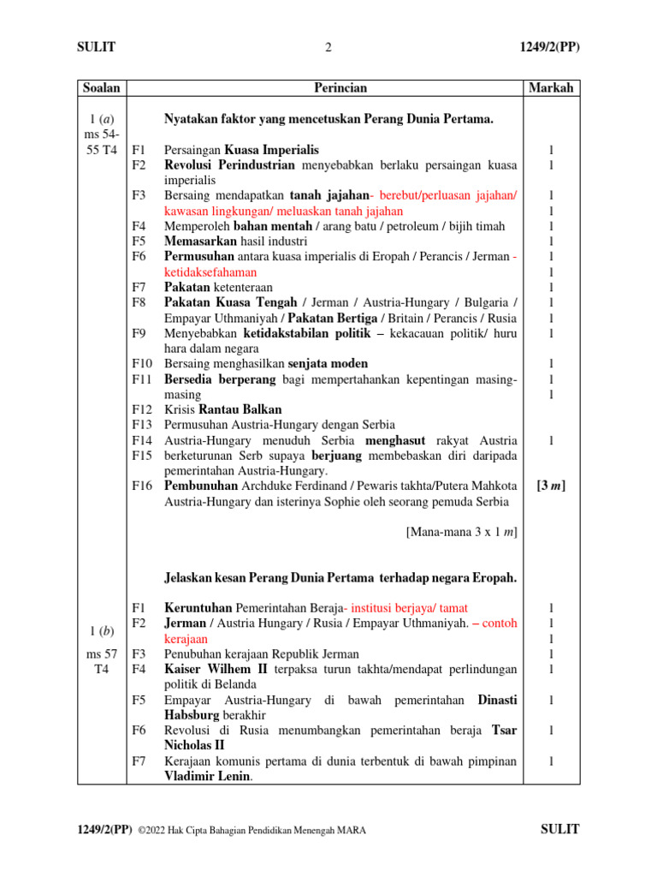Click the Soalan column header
pyautogui.click(x=102, y=87)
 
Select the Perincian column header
pyautogui.click(x=340, y=87)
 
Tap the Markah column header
pyautogui.click(x=551, y=87)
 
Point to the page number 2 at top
pyautogui.click(x=328, y=48)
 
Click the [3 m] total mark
pyautogui.click(x=551, y=486)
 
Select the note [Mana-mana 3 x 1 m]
pyautogui.click(x=461, y=532)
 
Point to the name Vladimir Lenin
pyautogui.click(x=213, y=776)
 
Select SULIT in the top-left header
pyautogui.click(x=96, y=48)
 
